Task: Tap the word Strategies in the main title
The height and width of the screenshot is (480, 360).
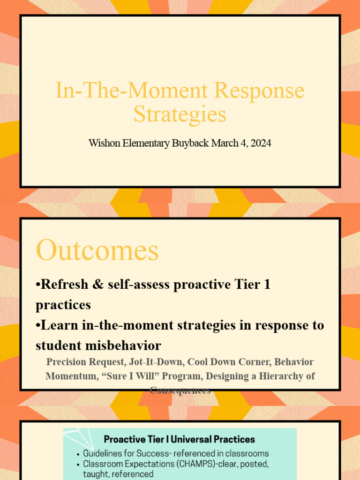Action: click(180, 114)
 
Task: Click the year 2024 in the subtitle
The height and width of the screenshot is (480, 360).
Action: click(261, 143)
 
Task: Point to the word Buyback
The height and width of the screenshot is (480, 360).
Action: click(189, 143)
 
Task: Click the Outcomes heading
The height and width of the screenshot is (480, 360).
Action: click(97, 250)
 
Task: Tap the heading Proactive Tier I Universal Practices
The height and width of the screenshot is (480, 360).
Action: click(180, 439)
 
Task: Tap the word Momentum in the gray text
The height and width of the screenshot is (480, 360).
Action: click(70, 376)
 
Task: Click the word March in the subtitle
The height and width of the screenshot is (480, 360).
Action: click(225, 143)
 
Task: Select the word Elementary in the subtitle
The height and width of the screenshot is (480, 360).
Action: click(145, 143)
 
